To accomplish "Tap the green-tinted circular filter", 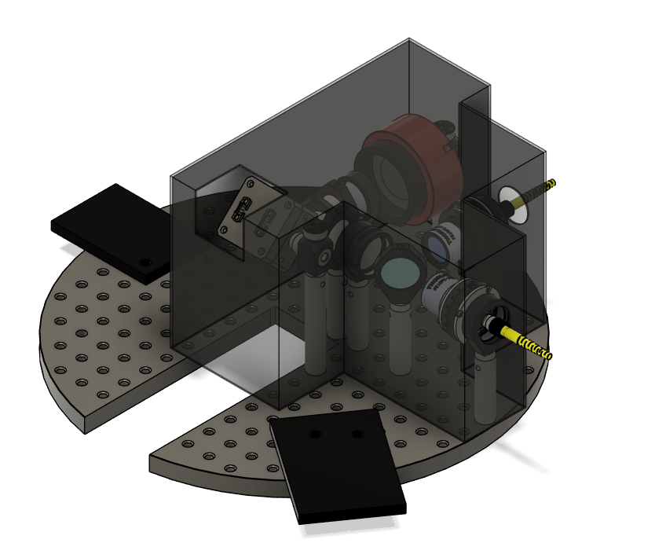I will [x=401, y=273].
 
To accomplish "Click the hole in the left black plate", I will [x=144, y=261].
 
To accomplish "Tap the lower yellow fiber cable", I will [x=526, y=342].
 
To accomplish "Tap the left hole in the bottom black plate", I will [x=314, y=434].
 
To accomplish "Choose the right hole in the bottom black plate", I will [x=357, y=433].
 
